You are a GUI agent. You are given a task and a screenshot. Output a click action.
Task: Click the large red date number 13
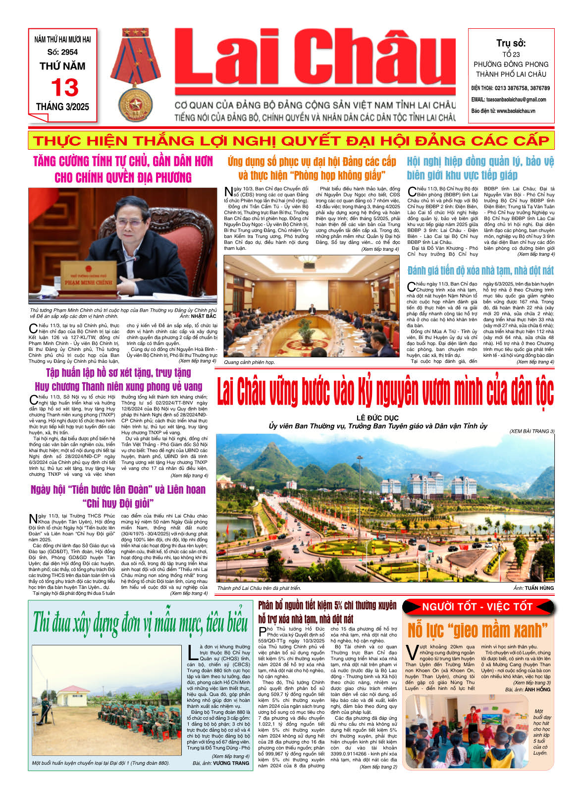(64, 88)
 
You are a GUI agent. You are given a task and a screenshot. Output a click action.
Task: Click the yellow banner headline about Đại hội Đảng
(291, 140)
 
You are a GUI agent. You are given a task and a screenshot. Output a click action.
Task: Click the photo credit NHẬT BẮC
(204, 316)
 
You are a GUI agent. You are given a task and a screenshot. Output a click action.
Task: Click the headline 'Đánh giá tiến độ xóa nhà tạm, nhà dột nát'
(480, 271)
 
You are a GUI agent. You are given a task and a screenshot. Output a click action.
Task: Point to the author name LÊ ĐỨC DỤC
(377, 418)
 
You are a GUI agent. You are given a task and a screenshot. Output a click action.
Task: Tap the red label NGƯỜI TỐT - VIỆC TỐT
(477, 607)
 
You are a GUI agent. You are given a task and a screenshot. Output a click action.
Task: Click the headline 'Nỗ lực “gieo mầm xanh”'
(477, 630)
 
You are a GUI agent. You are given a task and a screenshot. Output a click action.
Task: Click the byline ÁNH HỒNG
(537, 689)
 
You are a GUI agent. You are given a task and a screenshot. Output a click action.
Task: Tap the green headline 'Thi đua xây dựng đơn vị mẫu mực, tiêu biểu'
(140, 622)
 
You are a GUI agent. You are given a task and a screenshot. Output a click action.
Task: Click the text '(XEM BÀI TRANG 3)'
(531, 431)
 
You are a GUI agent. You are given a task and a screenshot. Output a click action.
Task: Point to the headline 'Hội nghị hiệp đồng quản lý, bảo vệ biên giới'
(480, 168)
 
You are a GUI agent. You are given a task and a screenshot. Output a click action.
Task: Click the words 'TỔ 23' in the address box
(511, 55)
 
